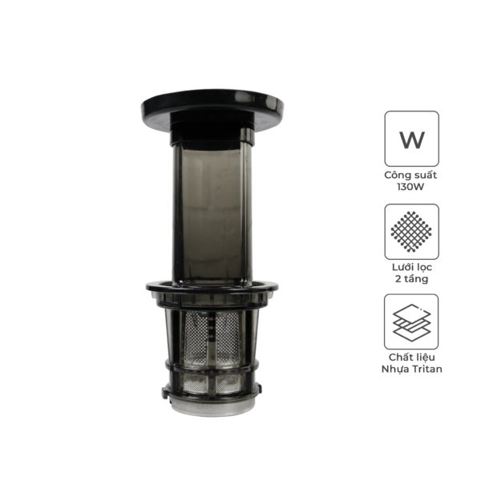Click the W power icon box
(412, 139)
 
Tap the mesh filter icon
(412, 232)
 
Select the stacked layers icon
(411, 321)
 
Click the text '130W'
(410, 187)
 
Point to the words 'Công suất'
(410, 175)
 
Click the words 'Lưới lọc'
(412, 268)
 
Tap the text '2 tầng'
(412, 280)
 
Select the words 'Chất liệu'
(412, 358)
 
